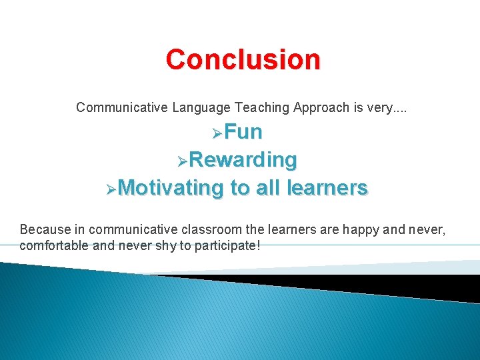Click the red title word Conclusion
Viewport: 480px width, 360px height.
[243, 59]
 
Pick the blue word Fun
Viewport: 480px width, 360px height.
[243, 132]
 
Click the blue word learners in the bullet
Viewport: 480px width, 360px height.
[327, 188]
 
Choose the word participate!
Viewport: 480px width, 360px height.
[227, 245]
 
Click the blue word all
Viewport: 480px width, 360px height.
[267, 188]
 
